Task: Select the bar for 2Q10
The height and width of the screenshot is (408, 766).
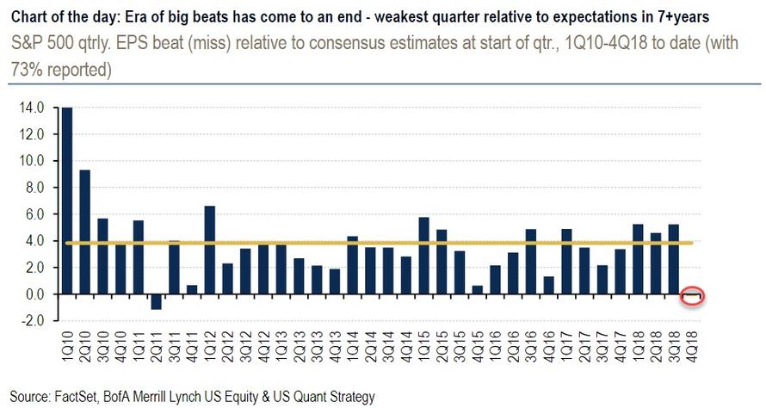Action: [x=84, y=232]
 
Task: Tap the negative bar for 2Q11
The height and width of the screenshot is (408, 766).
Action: [x=156, y=301]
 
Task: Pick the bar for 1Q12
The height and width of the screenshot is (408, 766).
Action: [x=210, y=250]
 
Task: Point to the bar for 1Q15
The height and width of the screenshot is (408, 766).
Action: [x=423, y=256]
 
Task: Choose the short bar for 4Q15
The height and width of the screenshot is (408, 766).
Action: [x=477, y=289]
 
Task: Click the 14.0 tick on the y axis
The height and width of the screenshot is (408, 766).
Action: [x=33, y=108]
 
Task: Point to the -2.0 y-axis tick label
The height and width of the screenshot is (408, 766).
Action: [x=33, y=321]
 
